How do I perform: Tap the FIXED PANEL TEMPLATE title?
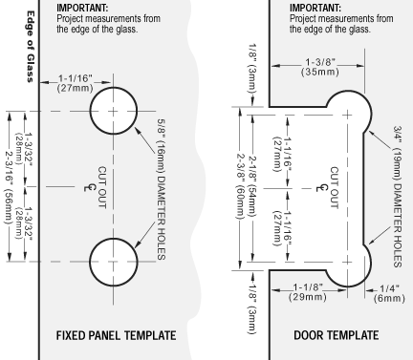click(x=116, y=335)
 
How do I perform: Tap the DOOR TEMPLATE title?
click(x=337, y=335)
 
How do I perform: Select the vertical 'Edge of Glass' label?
click(x=31, y=47)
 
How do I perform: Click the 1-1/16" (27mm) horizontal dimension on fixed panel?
click(x=76, y=83)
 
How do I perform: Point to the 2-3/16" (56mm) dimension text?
click(x=9, y=187)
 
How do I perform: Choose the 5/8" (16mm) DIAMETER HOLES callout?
click(x=162, y=189)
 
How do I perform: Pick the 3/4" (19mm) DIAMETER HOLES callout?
click(x=398, y=197)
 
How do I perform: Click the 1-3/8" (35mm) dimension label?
click(x=320, y=67)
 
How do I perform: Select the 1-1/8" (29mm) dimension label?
click(x=308, y=292)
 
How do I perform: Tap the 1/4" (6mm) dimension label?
click(x=389, y=293)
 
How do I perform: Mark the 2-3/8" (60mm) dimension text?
click(x=240, y=187)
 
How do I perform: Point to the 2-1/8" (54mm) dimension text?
click(x=252, y=187)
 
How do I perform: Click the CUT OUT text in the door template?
click(x=334, y=188)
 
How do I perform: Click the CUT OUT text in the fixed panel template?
click(x=101, y=187)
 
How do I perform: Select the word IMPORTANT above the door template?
click(x=315, y=8)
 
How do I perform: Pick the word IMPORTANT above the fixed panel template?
click(x=82, y=8)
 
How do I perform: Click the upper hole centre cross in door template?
click(x=347, y=115)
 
